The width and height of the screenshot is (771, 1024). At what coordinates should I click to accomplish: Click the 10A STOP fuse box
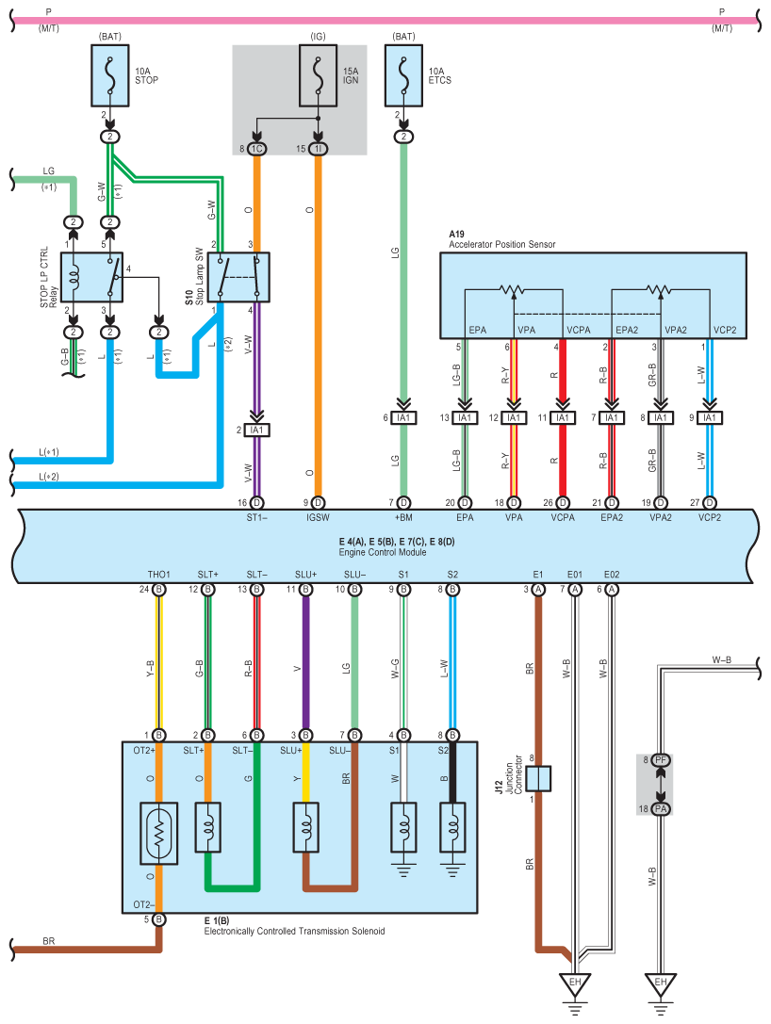coord(109,75)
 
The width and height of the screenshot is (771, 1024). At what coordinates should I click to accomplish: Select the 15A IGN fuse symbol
coord(319,75)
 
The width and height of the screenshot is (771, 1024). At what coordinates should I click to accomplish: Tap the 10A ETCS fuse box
coord(403,75)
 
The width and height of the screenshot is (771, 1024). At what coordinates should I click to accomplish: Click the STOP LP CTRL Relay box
coord(91,278)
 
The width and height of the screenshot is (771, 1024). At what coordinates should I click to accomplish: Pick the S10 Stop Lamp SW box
coord(238,278)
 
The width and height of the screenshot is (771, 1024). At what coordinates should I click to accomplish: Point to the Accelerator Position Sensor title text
coord(501,244)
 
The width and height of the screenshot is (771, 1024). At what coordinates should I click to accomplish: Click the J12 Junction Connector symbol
coord(538,778)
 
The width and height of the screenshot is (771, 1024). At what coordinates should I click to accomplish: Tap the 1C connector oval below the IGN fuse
coord(256,149)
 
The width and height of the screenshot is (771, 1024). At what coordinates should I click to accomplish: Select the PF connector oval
coord(661,760)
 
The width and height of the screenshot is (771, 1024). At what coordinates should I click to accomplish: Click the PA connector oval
coord(661,808)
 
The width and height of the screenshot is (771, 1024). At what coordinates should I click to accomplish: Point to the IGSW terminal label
coord(319,518)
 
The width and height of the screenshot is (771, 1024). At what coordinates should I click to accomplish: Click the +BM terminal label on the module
coord(403,518)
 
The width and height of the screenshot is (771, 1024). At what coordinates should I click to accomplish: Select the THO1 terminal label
coord(158,575)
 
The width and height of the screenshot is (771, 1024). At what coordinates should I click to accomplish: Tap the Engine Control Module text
coord(383,552)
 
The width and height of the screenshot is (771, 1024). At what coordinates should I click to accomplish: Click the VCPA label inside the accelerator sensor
coord(579,330)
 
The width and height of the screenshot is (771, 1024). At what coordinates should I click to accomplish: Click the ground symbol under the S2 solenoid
coord(452,870)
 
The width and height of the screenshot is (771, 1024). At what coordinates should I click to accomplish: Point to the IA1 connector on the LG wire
coord(403,418)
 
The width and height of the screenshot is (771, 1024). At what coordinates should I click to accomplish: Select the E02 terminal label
coord(612,575)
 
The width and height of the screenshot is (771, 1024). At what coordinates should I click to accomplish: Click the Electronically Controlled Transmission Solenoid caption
coord(294,932)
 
